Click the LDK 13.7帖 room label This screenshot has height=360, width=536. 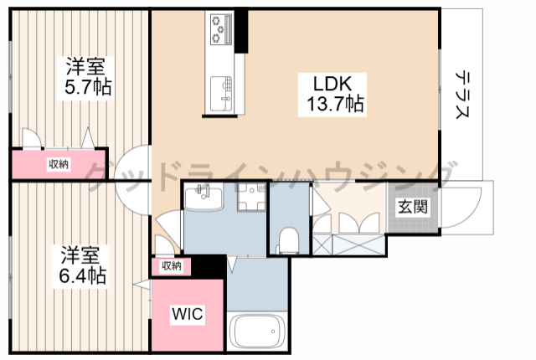pyautogui.click(x=332, y=94)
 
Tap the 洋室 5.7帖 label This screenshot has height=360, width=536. pyautogui.click(x=85, y=76)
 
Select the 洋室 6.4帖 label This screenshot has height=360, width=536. pyautogui.click(x=81, y=265)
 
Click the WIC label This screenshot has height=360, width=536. pyautogui.click(x=188, y=314)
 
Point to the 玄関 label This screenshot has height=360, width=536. pyautogui.click(x=413, y=207)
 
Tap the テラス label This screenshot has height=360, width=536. pyautogui.click(x=461, y=95)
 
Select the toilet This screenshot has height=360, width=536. pyautogui.click(x=288, y=241)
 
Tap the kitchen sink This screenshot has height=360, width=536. pyautogui.click(x=221, y=94)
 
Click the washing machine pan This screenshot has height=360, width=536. pyautogui.click(x=252, y=197)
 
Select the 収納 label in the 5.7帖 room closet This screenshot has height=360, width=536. pyautogui.click(x=59, y=164)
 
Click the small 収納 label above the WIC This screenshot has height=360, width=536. pyautogui.click(x=171, y=265)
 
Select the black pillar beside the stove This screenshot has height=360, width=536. pyautogui.click(x=241, y=31)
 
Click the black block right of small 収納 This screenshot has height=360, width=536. pyautogui.click(x=209, y=267)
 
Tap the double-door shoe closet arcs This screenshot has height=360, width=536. pyautogui.click(x=359, y=222)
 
